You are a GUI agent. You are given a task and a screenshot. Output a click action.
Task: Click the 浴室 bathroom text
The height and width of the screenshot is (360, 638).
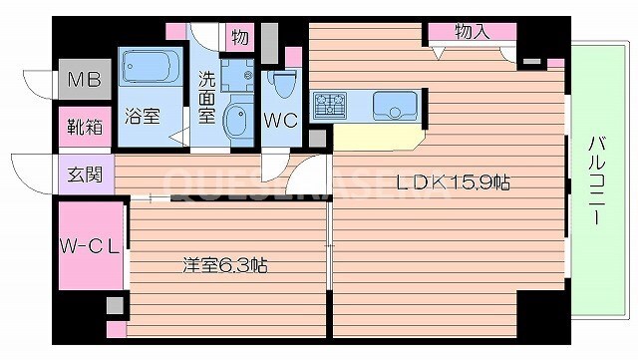[x=141, y=115]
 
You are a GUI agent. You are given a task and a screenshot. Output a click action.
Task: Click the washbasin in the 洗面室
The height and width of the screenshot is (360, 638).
[x=239, y=122]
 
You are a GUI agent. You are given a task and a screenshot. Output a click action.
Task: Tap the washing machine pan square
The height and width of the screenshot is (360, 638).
[x=238, y=73]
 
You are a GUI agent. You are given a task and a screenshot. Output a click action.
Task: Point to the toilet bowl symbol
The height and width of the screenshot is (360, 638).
[x=282, y=84]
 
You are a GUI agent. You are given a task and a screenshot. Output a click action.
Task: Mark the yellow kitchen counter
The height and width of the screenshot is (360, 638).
[x=375, y=136]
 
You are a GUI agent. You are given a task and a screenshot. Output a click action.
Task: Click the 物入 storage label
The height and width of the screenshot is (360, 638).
[x=473, y=32]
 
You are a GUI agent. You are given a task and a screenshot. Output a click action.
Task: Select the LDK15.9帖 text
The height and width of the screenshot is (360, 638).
[x=454, y=182]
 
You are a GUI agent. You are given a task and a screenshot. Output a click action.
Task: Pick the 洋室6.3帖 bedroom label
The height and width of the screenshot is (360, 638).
[x=225, y=266]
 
